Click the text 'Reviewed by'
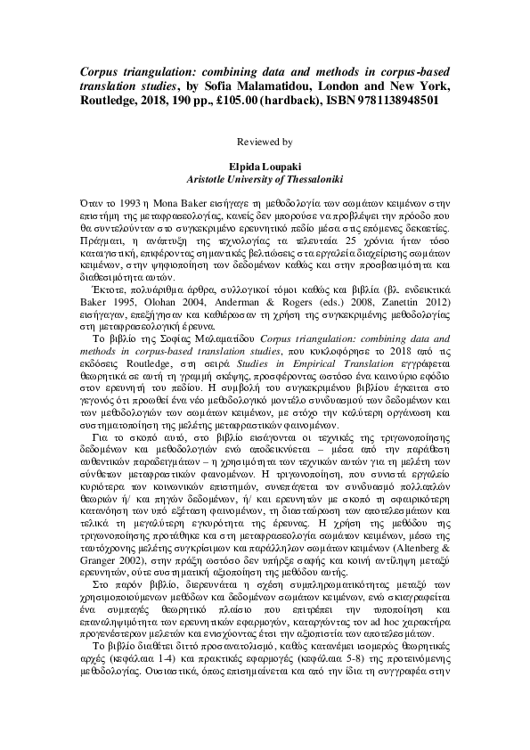pyautogui.click(x=265, y=142)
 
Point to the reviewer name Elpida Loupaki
pyautogui.click(x=265, y=166)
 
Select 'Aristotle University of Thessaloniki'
pyautogui.click(x=265, y=178)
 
